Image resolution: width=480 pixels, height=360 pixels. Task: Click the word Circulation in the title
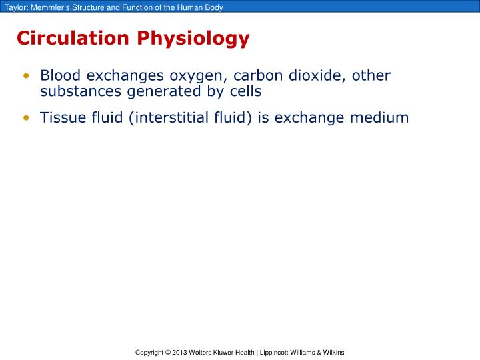pyautogui.click(x=74, y=39)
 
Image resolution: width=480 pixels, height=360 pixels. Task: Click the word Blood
pyautogui.click(x=59, y=76)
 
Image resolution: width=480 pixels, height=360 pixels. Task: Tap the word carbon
pyautogui.click(x=261, y=76)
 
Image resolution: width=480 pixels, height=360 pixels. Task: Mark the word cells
pyautogui.click(x=243, y=91)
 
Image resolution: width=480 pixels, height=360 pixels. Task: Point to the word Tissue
pyautogui.click(x=61, y=118)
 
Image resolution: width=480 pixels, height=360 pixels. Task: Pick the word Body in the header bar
pyautogui.click(x=213, y=7)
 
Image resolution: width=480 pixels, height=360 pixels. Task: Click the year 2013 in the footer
pyautogui.click(x=179, y=352)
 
